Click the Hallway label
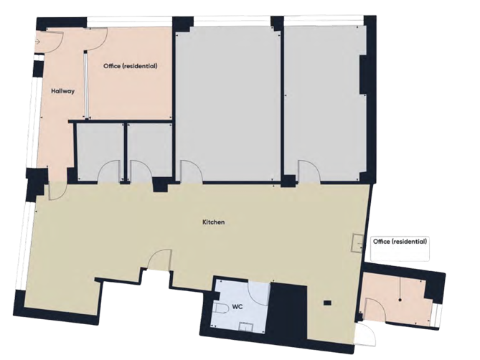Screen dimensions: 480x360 click(x=62, y=91)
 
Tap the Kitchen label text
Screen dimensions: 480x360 click(x=214, y=222)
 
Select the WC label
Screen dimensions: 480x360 click(x=237, y=306)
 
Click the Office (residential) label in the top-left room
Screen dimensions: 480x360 click(x=131, y=66)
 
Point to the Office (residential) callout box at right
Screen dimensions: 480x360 click(x=400, y=248)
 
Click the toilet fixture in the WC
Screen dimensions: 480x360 click(x=222, y=309)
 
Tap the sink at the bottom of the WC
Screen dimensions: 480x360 click(x=245, y=327)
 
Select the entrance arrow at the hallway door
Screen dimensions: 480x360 click(x=39, y=42)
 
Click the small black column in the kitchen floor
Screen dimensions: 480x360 click(x=327, y=303)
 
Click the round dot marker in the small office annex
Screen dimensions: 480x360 click(x=400, y=300)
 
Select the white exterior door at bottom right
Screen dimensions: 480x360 click(x=367, y=334)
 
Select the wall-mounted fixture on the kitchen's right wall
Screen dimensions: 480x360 click(x=357, y=243)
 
